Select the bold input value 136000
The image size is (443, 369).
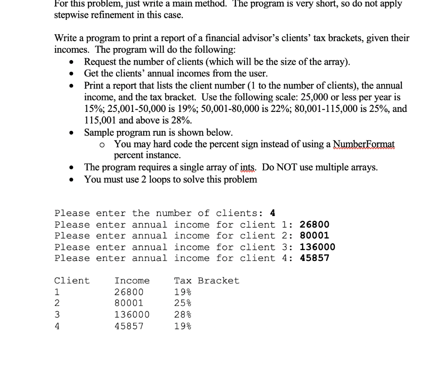pyautogui.click(x=317, y=247)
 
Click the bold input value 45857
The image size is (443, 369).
pyautogui.click(x=315, y=258)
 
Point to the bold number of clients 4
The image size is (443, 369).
pyautogui.click(x=273, y=213)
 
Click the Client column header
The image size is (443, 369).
pyautogui.click(x=72, y=281)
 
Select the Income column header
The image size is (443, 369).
pyautogui.click(x=132, y=281)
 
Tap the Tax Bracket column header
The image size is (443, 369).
pyautogui.click(x=206, y=281)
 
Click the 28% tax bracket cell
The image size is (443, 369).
pyautogui.click(x=183, y=315)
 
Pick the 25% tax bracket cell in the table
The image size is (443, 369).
pyautogui.click(x=183, y=303)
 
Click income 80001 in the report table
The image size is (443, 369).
pyautogui.click(x=129, y=303)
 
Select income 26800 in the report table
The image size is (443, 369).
pyautogui.click(x=129, y=292)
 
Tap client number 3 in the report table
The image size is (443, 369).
pyautogui.click(x=57, y=315)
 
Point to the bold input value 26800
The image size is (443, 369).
pyautogui.click(x=315, y=225)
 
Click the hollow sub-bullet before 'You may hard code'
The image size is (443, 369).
pyautogui.click(x=102, y=144)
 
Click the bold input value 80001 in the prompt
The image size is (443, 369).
pyautogui.click(x=315, y=236)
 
